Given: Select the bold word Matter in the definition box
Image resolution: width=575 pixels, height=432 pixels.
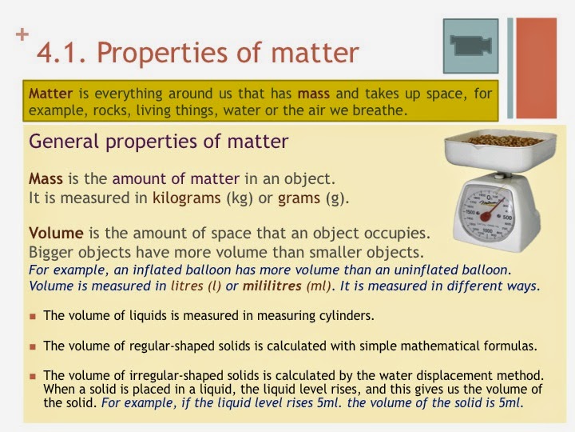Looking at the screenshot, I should tap(47, 94).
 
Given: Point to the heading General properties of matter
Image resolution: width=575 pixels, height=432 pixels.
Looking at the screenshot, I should tap(158, 142).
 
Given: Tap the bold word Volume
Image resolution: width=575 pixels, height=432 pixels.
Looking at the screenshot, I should tap(56, 234).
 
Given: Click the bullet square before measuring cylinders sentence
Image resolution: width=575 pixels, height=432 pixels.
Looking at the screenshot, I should tap(33, 316).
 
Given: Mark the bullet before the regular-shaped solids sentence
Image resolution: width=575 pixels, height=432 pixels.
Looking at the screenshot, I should tap(33, 346).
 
